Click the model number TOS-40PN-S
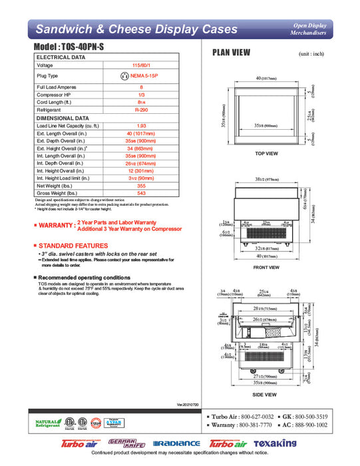click(x=81, y=49)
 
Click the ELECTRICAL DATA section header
click(x=61, y=58)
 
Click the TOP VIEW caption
click(x=266, y=153)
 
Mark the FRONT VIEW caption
click(x=266, y=267)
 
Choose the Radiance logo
click(x=176, y=443)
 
